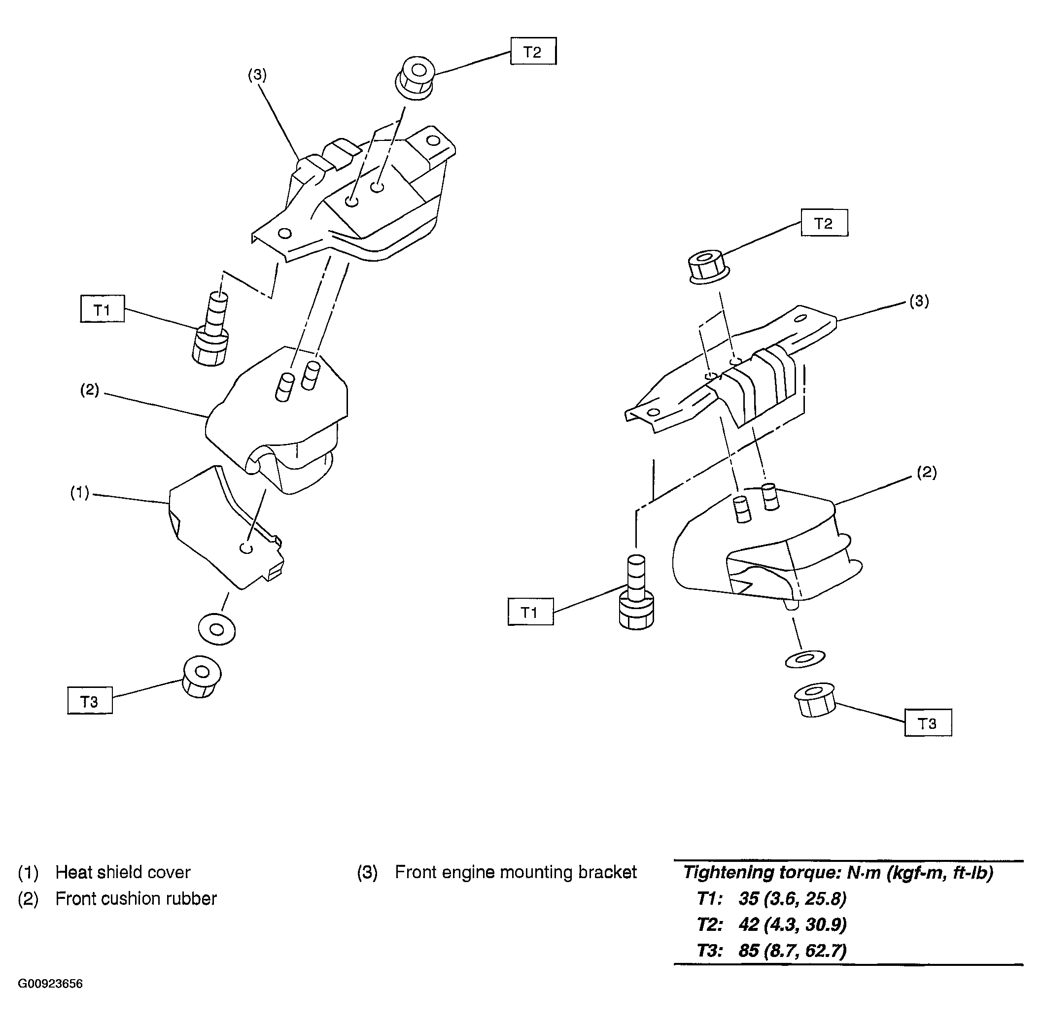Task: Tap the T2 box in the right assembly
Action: [824, 223]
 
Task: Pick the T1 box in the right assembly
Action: [530, 612]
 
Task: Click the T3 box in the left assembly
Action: [89, 700]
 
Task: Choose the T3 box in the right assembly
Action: [928, 722]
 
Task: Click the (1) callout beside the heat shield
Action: [80, 493]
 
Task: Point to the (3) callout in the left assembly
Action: [257, 75]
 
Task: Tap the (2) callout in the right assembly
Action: [927, 472]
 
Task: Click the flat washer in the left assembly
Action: [216, 628]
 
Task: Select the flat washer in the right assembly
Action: [805, 658]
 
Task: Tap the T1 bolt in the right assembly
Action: [636, 592]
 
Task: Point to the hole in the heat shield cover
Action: [246, 547]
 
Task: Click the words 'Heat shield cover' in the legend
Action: [123, 873]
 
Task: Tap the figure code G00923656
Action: [51, 984]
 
